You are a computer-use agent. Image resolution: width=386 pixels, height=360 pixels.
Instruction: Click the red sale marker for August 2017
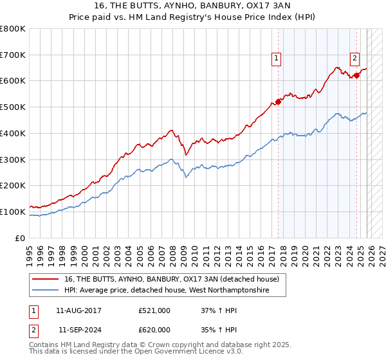279,101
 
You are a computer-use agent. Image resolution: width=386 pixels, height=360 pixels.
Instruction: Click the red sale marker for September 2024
357,75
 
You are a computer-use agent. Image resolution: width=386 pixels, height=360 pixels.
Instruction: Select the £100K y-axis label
13,212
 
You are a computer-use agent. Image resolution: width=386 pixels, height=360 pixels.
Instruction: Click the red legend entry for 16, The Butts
171,279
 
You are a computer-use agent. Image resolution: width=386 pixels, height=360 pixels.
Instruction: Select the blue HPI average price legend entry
165,291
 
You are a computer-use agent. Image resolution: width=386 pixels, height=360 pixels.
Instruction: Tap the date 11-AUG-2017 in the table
78,310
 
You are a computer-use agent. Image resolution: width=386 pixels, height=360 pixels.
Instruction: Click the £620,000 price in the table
154,329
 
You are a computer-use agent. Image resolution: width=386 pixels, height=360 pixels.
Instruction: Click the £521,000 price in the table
154,310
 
